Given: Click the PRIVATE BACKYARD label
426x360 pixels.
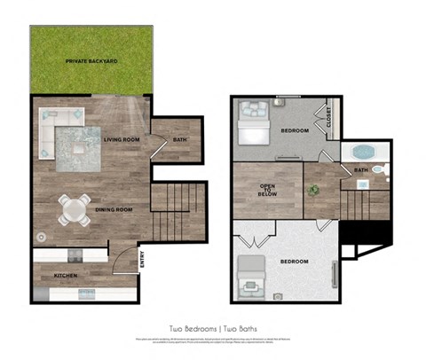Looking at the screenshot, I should click(x=91, y=61).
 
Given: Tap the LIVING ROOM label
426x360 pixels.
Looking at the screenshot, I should click(x=122, y=139).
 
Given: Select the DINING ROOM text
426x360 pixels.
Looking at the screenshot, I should click(x=114, y=209).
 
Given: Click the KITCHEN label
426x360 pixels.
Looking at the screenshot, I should click(x=66, y=276).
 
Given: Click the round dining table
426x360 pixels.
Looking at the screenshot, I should click(x=74, y=209).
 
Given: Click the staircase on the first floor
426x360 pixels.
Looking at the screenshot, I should click(x=170, y=213).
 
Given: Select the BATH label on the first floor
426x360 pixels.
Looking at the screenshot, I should click(x=180, y=139).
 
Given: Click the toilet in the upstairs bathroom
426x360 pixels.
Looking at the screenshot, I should click(x=378, y=168).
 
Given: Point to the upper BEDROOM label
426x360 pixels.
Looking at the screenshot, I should click(x=295, y=130).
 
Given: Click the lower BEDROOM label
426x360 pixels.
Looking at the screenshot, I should click(x=294, y=262).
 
